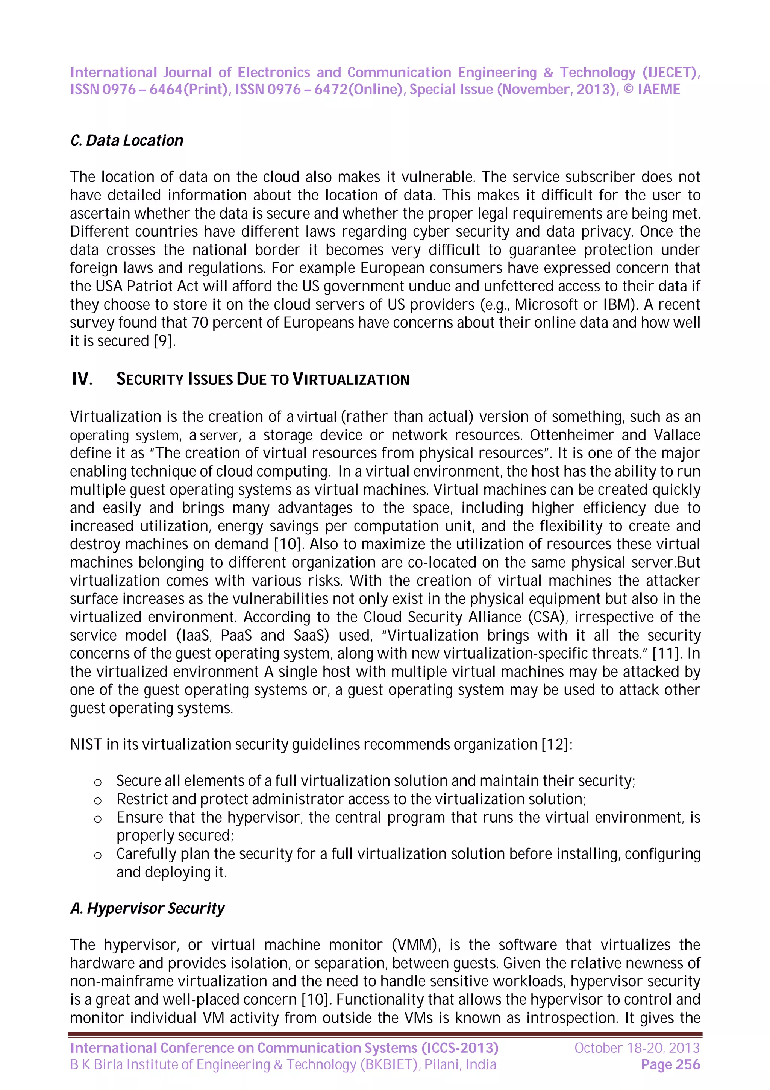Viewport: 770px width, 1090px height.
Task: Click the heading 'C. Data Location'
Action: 127,141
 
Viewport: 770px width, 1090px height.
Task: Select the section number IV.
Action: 82,379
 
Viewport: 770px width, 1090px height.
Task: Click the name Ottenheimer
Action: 570,435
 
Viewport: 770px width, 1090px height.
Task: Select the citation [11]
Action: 667,654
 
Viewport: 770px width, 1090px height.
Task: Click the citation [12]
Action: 556,744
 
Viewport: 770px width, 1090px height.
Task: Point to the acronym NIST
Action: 85,744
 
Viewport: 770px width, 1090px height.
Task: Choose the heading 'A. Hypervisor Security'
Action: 147,908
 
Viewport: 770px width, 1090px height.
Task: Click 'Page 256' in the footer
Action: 670,1065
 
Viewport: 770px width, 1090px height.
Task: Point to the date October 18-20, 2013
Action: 637,1048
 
